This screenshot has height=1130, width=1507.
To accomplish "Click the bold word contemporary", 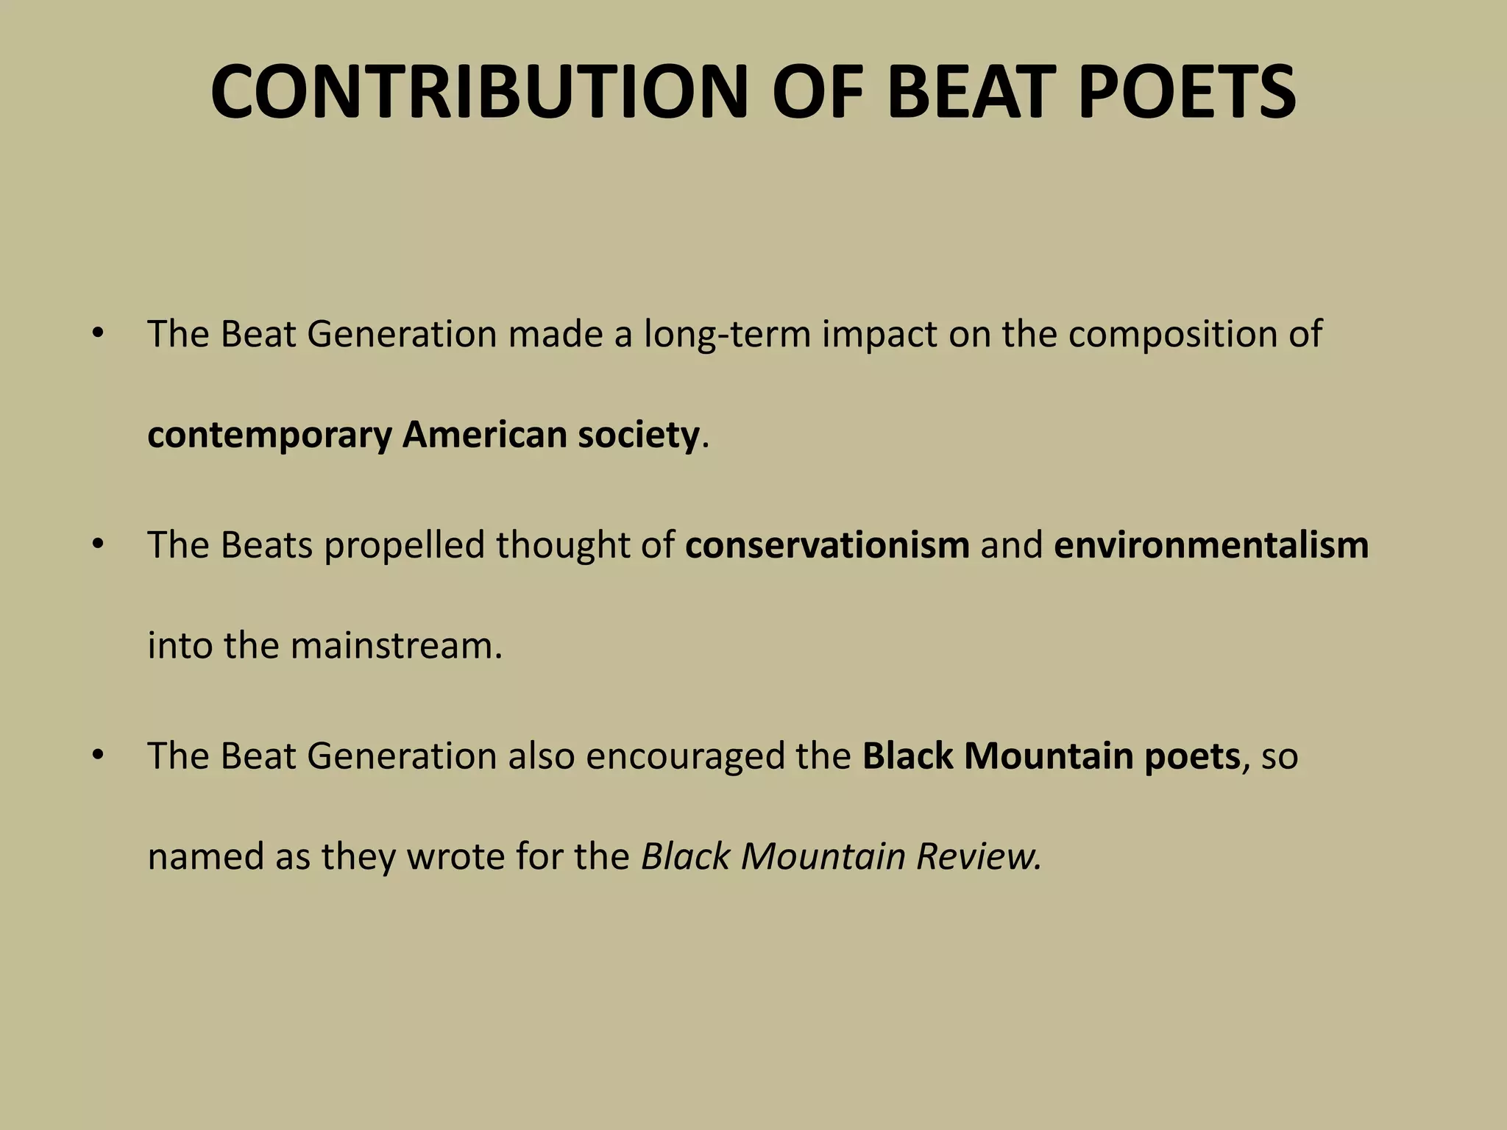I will coord(269,436).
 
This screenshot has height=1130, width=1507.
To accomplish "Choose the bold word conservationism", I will coord(827,545).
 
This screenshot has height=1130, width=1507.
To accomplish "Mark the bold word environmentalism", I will coord(1211,545).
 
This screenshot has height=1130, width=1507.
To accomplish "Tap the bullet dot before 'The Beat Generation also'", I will coord(97,756).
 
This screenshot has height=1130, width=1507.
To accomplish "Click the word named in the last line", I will coord(205,857).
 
